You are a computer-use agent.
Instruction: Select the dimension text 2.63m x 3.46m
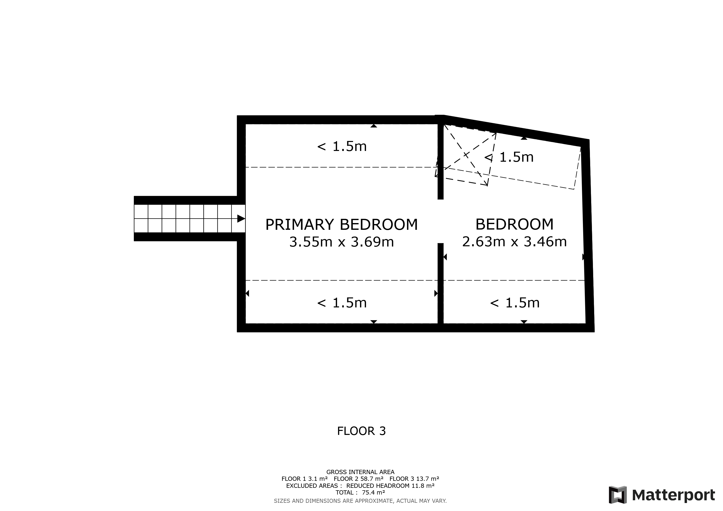click(x=514, y=242)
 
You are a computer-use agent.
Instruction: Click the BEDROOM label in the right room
click(x=514, y=224)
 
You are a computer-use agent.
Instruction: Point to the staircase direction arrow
click(x=241, y=219)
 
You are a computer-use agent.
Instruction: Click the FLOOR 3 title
click(x=361, y=431)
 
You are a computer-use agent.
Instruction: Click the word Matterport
click(x=674, y=495)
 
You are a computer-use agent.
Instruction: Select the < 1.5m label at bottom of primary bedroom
click(x=342, y=303)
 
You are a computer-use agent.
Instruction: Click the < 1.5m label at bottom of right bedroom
click(x=515, y=303)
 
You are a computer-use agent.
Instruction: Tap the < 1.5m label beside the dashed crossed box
click(x=509, y=157)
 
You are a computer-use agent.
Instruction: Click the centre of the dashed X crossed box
click(x=466, y=155)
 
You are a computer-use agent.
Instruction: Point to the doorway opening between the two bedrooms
click(x=441, y=221)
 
